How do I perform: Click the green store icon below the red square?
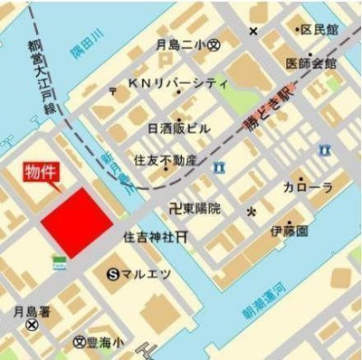[x=60, y=261]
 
